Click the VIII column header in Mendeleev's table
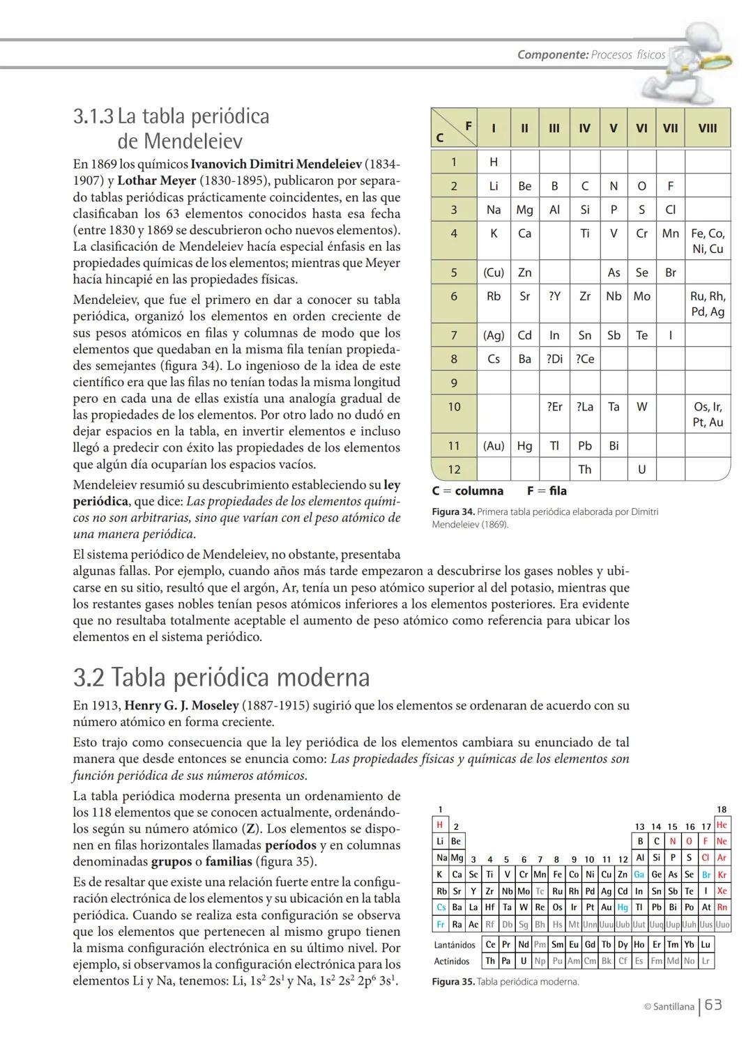(707, 128)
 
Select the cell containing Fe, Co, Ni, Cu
(707, 241)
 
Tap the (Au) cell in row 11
(494, 445)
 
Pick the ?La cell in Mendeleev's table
(584, 406)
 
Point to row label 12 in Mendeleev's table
(453, 469)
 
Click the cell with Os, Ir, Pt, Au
(707, 414)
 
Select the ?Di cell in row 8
(554, 359)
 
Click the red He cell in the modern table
(722, 824)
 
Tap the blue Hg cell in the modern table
(623, 907)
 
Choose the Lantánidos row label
(454, 945)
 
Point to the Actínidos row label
(451, 961)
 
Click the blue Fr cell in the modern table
(441, 924)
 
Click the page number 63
(713, 1005)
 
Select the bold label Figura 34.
(453, 512)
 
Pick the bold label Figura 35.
(452, 982)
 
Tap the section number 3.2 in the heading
(89, 677)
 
